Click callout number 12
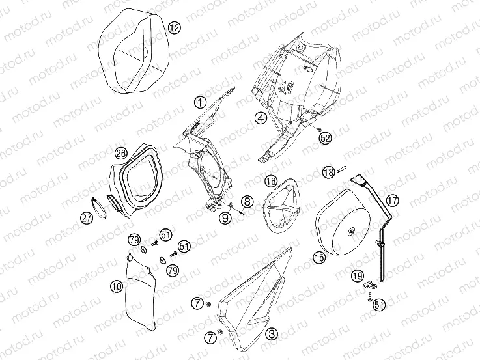[175, 28]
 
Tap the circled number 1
[200, 103]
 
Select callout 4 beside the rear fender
[261, 118]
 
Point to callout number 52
[325, 138]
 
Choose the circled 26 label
[121, 153]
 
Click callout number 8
[247, 202]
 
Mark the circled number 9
[225, 218]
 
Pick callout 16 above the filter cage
[271, 181]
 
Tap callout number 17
[392, 201]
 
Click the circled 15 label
[319, 257]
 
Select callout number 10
[117, 286]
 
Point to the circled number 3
[272, 333]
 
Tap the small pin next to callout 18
[341, 169]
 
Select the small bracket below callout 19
[371, 284]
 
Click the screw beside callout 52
[318, 130]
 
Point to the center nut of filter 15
[350, 232]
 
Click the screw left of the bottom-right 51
[370, 297]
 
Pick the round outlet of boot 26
[115, 202]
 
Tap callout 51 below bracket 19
[379, 305]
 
